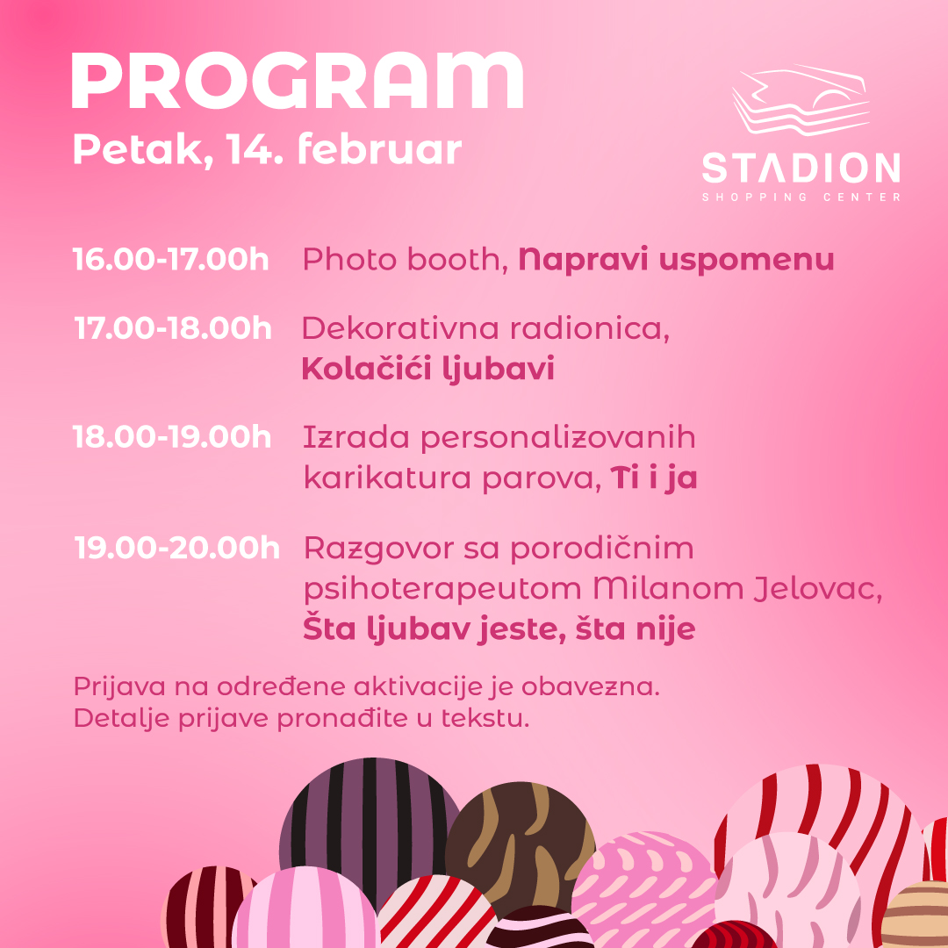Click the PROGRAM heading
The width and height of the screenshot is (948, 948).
(x=298, y=81)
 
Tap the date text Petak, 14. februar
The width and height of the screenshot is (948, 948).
(x=267, y=149)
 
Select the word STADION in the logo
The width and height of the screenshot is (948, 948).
(x=801, y=168)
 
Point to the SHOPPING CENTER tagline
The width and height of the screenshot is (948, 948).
(x=801, y=197)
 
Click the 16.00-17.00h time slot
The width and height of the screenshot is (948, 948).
(x=170, y=259)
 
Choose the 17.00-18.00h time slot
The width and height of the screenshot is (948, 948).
(x=173, y=327)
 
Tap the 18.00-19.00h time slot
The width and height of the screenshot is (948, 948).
(x=172, y=436)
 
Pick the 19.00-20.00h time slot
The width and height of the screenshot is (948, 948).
(x=176, y=548)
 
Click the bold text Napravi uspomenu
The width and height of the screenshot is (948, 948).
(x=677, y=261)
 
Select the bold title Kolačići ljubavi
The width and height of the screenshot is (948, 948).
(x=427, y=368)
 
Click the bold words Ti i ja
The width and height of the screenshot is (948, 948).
(x=654, y=478)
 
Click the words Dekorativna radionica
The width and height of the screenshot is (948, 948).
(x=485, y=328)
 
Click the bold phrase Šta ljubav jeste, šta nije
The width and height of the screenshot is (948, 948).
(x=499, y=629)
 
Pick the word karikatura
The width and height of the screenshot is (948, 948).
(x=387, y=478)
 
